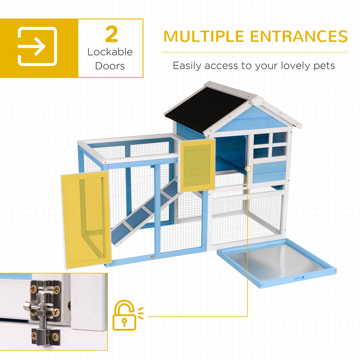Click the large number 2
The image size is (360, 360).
(x=111, y=34)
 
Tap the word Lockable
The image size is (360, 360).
(x=110, y=52)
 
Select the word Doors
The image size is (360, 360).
(x=110, y=66)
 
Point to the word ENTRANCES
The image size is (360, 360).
(x=299, y=36)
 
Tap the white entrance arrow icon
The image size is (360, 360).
(x=37, y=46)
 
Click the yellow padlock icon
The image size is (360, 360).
(x=128, y=315)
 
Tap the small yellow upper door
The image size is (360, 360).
(x=198, y=165)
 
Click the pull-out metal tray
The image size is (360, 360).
(x=276, y=262)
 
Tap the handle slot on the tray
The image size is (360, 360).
(x=299, y=279)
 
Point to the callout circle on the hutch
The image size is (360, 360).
(x=248, y=169)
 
